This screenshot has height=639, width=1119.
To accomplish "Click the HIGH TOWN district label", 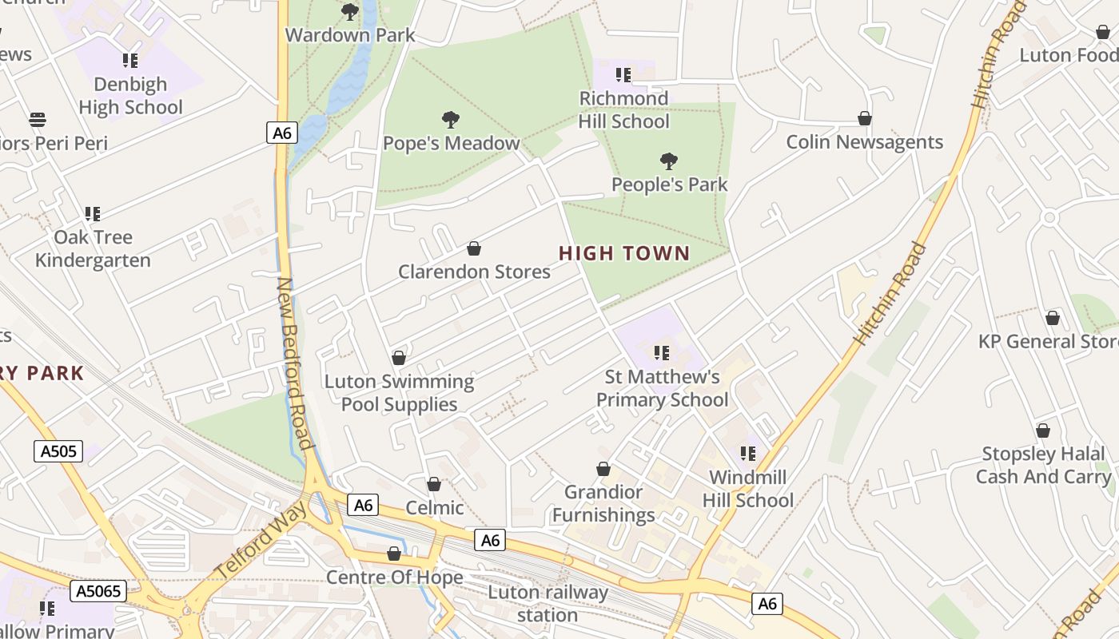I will click(x=623, y=254).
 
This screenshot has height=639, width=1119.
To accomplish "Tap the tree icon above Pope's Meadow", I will click(x=451, y=120).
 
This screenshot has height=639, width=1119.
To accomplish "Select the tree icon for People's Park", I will click(x=669, y=161).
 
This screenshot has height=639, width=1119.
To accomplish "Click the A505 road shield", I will click(x=59, y=451).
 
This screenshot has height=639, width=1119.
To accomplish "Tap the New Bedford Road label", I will click(x=293, y=363).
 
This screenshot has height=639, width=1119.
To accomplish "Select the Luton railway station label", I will click(x=548, y=604).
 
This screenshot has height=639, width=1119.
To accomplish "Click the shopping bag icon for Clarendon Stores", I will click(x=474, y=248).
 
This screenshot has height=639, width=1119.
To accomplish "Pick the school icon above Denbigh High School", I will click(x=130, y=61).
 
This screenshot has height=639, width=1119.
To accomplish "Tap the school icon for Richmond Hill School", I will click(x=623, y=75).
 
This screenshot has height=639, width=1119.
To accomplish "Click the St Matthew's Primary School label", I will click(x=662, y=388).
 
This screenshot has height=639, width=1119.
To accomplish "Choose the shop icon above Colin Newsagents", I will click(x=864, y=118).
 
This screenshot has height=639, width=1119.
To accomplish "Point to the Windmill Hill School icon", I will click(x=748, y=454).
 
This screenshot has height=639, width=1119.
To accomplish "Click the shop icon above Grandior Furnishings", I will click(x=603, y=469).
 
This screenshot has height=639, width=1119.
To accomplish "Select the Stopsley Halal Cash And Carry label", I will click(x=1043, y=465).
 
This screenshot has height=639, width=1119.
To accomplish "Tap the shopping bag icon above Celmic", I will click(x=434, y=484).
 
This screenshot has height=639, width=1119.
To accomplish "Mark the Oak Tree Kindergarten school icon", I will click(x=93, y=214).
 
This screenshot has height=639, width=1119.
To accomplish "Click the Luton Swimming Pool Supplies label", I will click(x=399, y=393).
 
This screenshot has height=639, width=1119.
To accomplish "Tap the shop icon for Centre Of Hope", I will click(x=394, y=554).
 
